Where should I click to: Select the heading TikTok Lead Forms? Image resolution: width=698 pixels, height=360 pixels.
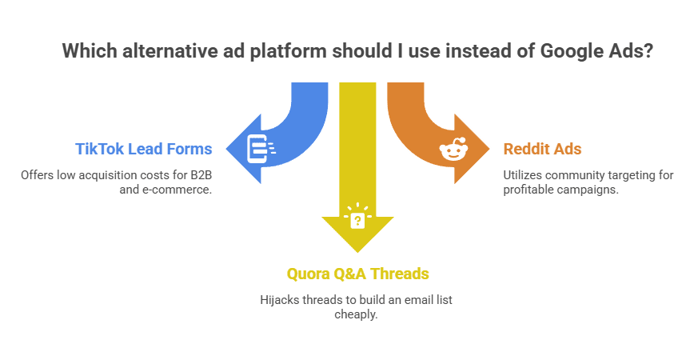(144, 149)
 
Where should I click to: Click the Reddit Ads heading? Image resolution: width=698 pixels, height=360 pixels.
(542, 149)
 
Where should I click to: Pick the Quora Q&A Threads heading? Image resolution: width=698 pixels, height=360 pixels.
(358, 274)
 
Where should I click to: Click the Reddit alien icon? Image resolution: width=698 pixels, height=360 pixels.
(453, 149)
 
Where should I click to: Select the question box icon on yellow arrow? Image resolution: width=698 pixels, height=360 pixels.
(357, 216)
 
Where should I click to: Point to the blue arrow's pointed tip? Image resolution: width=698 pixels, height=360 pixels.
(226, 149)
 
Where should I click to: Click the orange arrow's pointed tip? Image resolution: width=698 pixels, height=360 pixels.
(489, 149)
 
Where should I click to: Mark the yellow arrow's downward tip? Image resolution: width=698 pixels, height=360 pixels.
(357, 252)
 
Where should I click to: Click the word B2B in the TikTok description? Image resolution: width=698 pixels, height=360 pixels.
(201, 175)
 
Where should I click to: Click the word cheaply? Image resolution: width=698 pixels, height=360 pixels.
(356, 314)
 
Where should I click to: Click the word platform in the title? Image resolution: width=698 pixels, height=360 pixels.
(288, 51)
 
